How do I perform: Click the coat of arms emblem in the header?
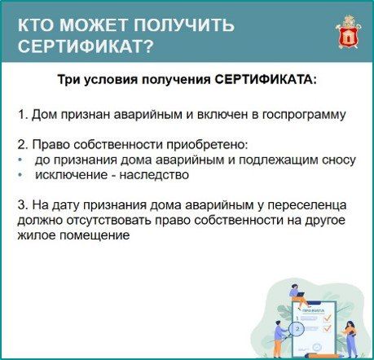[x=349, y=33]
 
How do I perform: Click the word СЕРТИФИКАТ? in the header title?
[x=86, y=46]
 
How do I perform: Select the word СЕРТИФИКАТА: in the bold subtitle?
[x=266, y=80]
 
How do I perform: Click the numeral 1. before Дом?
[x=24, y=115]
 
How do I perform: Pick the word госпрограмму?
[x=304, y=116]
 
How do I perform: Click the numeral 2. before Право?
[x=24, y=144]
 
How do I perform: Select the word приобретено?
[x=207, y=145]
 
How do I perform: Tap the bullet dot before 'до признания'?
[x=20, y=160]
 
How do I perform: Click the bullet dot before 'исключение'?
[x=20, y=175]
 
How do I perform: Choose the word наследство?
[x=154, y=175]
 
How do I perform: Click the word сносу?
[x=338, y=160]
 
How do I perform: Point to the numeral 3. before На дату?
[x=24, y=204]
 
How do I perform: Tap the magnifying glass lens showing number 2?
[x=297, y=329]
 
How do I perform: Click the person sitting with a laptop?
[x=297, y=296]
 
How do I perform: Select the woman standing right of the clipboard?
[x=350, y=339]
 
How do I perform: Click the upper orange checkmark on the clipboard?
[x=328, y=317]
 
